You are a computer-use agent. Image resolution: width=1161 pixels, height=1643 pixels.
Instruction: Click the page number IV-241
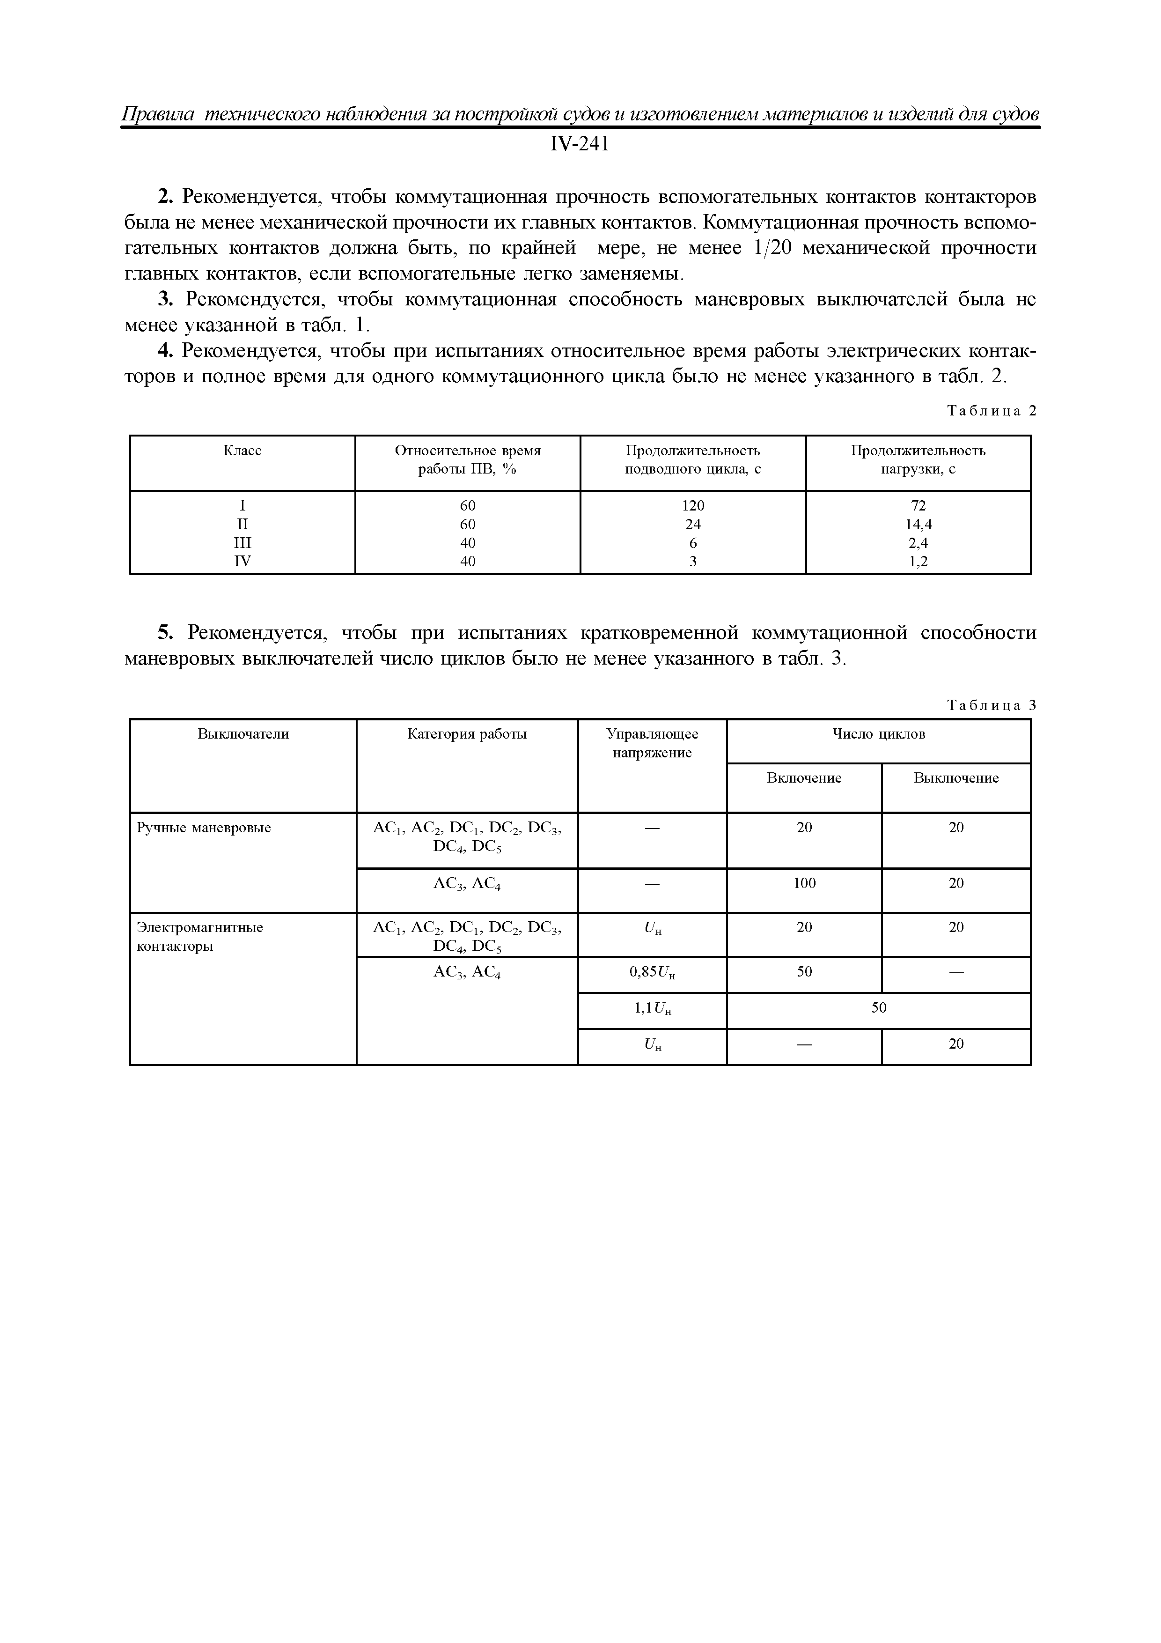[x=580, y=145]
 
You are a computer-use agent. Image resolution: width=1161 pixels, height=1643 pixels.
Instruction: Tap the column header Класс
[x=242, y=451]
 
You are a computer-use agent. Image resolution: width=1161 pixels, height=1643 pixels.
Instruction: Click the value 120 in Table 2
[x=692, y=505]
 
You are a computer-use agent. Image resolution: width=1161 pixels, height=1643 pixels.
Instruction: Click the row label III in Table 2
[x=242, y=542]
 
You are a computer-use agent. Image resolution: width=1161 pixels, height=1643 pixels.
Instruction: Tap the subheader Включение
[x=804, y=778]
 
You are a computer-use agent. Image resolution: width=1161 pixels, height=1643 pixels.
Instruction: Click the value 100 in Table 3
[x=804, y=883]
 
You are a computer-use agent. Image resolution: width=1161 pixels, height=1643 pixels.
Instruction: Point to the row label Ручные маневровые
[x=204, y=828]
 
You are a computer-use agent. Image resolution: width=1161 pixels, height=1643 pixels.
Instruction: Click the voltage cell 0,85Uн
[x=653, y=972]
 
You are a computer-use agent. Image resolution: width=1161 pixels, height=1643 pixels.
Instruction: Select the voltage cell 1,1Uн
[x=653, y=1009]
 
